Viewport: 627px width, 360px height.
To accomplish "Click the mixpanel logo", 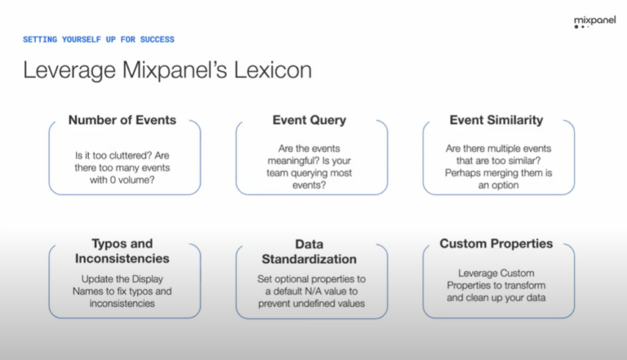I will pyautogui.click(x=595, y=21).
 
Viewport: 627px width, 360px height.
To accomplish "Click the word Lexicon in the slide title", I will pyautogui.click(x=269, y=70).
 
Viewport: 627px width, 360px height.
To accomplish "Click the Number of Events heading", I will pyautogui.click(x=122, y=120).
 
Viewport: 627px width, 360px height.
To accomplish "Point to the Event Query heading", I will pyautogui.click(x=309, y=120).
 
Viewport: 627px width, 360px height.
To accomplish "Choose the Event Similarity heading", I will pyautogui.click(x=496, y=120).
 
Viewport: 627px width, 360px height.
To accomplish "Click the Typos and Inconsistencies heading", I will pyautogui.click(x=122, y=251).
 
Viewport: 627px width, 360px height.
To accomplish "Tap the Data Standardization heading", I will pyautogui.click(x=309, y=251).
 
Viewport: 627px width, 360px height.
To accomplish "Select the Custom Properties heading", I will pyautogui.click(x=496, y=243).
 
